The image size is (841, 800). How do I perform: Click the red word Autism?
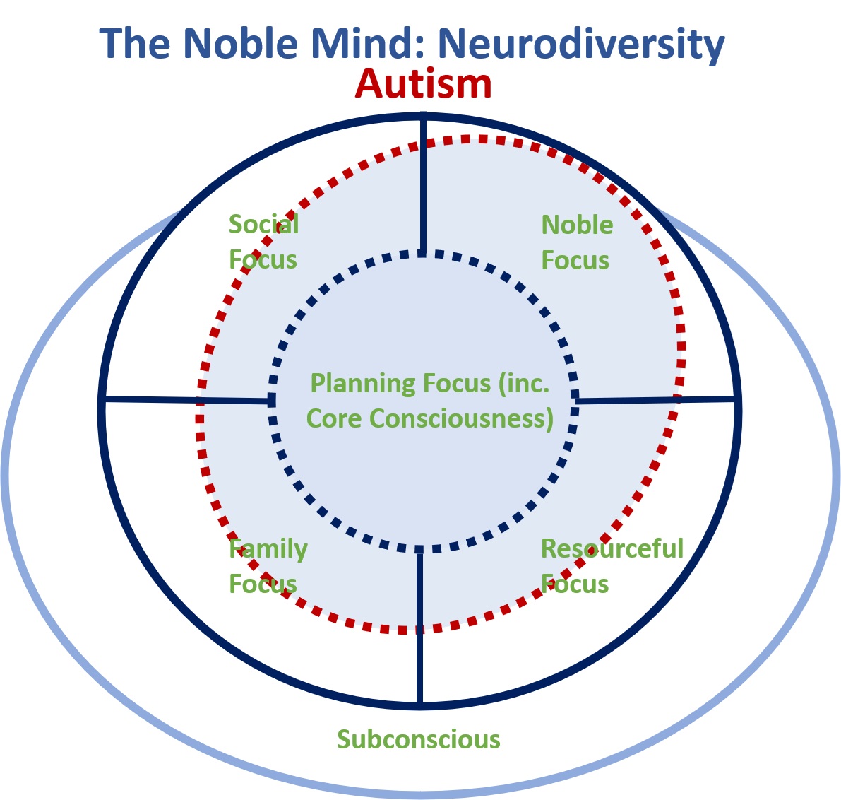(x=423, y=84)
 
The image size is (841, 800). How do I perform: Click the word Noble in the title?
(x=241, y=43)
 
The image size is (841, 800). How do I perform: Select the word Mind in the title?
(x=368, y=43)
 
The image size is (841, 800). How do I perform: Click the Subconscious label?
(x=418, y=739)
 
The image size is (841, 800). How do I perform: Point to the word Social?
(x=263, y=225)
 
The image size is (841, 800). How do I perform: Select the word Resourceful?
(x=612, y=548)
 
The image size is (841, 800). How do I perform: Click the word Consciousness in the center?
(x=461, y=419)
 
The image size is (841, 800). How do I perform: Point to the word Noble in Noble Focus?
(x=577, y=225)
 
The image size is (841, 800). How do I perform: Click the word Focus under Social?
(x=263, y=260)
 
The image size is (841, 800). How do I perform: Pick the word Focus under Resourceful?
(x=574, y=584)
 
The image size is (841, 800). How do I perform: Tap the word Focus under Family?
(x=263, y=584)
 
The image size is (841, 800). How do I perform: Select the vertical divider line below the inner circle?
(x=419, y=627)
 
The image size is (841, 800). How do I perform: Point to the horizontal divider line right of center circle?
(x=655, y=400)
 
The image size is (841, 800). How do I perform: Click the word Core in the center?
(x=333, y=419)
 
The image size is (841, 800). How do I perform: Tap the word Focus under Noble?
(x=575, y=260)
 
